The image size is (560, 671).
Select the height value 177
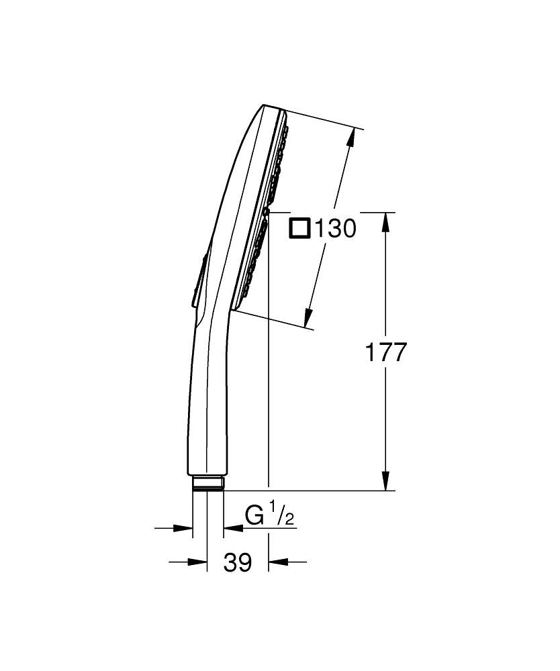point(385,352)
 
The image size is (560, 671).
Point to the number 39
point(237,563)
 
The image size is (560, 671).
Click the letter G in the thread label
point(254,517)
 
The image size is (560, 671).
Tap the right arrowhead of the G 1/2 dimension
point(232,529)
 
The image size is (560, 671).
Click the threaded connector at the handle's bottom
point(207,484)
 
